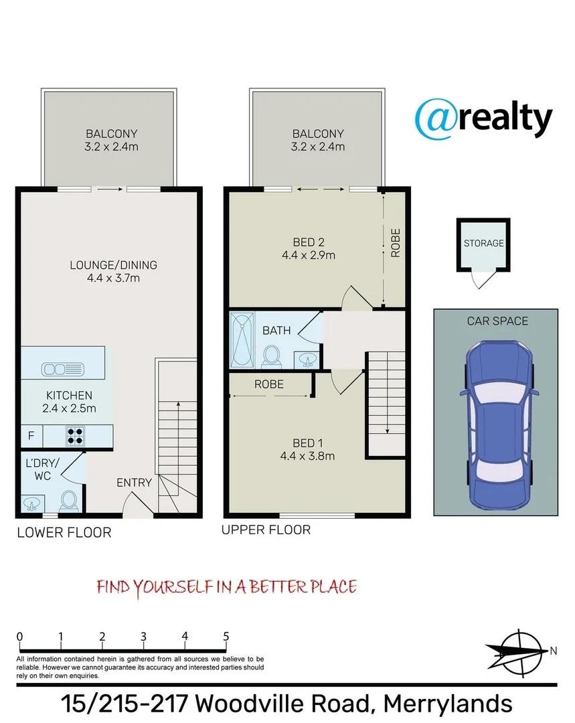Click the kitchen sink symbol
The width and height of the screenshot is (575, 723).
[x=63, y=369]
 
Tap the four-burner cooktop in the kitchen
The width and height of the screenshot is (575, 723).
[x=75, y=436]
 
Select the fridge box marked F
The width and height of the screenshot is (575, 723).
[x=31, y=436]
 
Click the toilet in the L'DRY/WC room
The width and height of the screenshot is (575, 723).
[x=69, y=501]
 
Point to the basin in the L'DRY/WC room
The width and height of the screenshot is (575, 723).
[x=32, y=504]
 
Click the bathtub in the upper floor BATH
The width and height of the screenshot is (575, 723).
[x=242, y=340]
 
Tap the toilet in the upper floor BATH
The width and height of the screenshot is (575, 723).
[x=272, y=357]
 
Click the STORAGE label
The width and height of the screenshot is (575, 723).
[x=484, y=243]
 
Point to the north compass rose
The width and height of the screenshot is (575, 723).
[x=519, y=653]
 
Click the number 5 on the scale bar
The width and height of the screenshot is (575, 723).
[x=226, y=637]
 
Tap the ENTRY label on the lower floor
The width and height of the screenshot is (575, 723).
[x=134, y=482]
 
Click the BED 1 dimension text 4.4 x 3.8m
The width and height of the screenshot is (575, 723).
[x=307, y=456]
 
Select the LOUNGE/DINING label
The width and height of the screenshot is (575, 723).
[x=113, y=265]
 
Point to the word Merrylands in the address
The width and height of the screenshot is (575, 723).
[x=448, y=704]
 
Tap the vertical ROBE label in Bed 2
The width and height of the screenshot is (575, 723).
[x=396, y=243]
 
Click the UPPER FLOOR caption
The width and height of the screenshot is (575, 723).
[x=266, y=530]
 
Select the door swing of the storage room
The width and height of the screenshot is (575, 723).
[x=480, y=280]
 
